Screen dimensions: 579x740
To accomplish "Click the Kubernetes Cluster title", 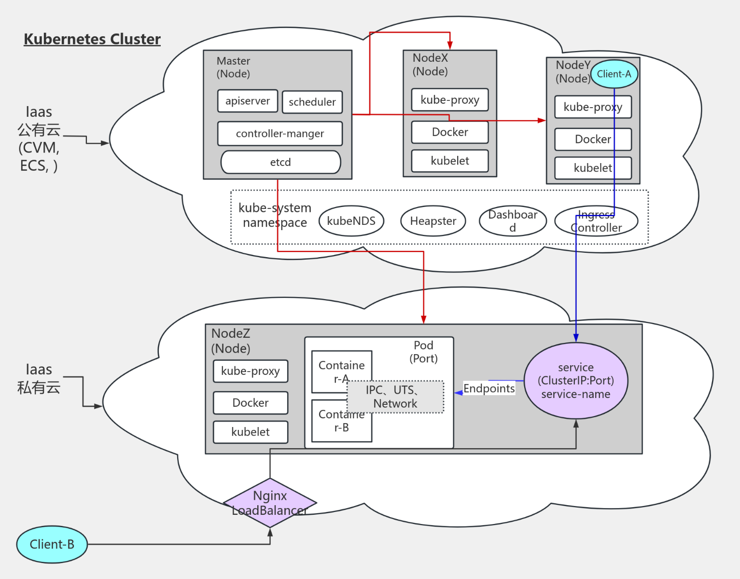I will (92, 39).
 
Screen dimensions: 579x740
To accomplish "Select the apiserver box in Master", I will (248, 101).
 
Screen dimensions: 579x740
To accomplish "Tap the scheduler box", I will (312, 102).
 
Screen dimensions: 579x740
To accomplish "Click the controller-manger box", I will (279, 134).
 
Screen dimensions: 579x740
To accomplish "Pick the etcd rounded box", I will (280, 162).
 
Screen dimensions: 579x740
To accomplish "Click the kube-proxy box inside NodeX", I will (449, 100).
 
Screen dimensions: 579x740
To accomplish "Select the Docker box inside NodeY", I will (593, 139).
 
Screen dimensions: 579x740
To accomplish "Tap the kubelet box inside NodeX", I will (449, 161).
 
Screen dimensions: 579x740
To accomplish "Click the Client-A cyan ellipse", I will (614, 74).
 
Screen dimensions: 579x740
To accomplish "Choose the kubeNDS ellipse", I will (351, 221).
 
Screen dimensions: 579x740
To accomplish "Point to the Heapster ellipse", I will (433, 221).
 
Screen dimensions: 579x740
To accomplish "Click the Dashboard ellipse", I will (512, 221).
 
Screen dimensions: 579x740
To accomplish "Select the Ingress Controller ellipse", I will (596, 221).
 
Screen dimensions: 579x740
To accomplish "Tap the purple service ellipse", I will (575, 381).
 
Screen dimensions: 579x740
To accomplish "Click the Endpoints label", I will (489, 388).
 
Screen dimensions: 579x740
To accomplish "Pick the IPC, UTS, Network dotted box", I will (395, 397).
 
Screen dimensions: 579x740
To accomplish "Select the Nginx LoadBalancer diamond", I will (270, 503).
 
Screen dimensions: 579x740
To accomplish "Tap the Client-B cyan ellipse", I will (52, 544).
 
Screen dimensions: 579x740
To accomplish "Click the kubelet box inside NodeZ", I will (250, 432).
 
